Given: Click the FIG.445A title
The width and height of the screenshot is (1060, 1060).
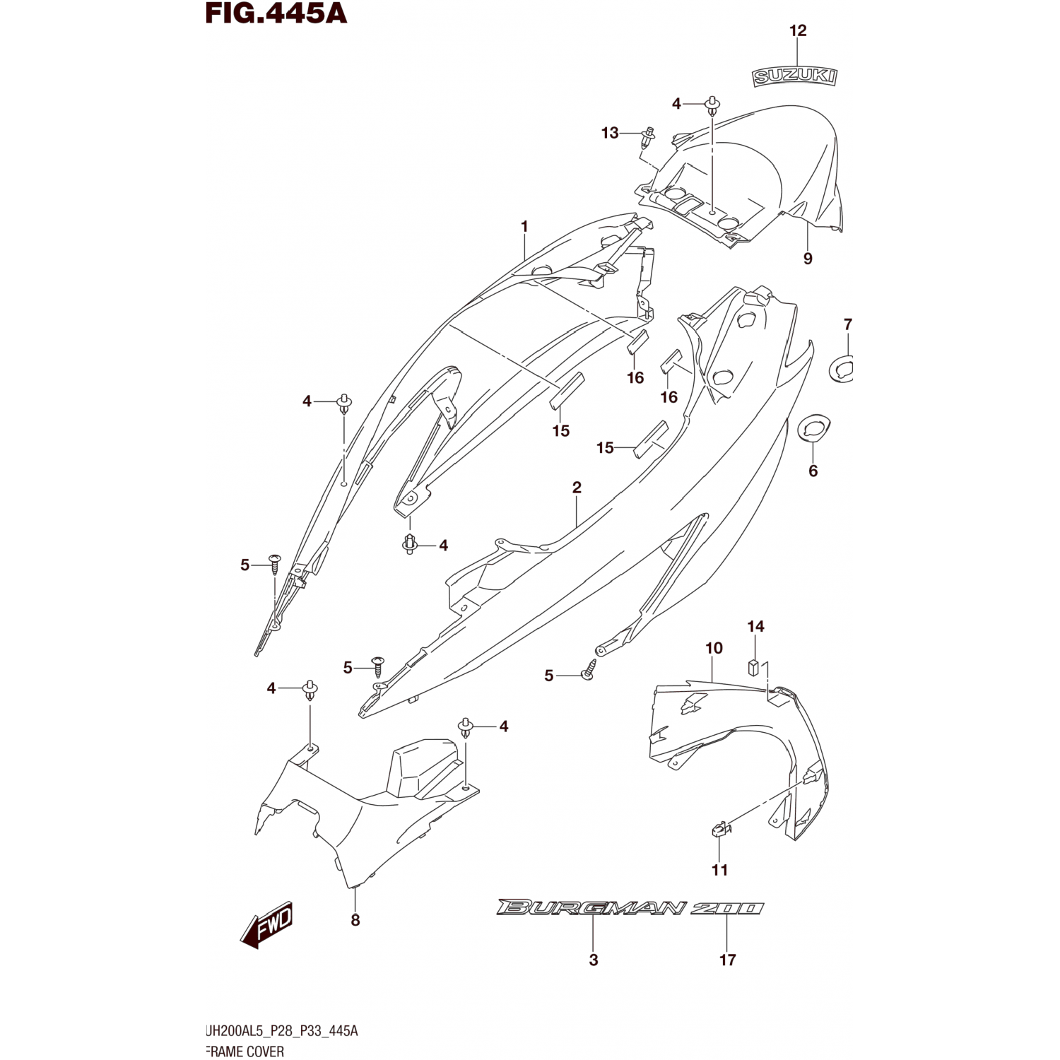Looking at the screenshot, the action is (276, 13).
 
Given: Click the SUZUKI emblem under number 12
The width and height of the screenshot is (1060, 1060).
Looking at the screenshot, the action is (795, 76).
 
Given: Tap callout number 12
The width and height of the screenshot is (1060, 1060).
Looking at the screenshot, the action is (798, 30).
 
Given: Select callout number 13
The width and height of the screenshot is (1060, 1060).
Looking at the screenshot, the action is (610, 133).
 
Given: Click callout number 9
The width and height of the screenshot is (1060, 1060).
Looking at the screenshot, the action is (808, 259).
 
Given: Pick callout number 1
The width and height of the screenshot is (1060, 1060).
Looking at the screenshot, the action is (524, 227).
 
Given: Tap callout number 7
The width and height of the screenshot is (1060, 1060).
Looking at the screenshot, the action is (848, 324).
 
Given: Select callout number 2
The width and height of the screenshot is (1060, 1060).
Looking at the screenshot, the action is (577, 488).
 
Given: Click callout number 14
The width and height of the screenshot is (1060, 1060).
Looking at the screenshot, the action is (755, 626).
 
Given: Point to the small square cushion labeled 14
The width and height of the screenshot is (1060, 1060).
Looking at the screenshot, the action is (755, 666).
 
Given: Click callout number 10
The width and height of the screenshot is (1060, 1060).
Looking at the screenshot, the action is (714, 648).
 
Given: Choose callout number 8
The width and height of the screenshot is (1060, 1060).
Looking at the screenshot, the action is (355, 919).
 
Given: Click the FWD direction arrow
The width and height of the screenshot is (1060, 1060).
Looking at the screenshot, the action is (267, 926).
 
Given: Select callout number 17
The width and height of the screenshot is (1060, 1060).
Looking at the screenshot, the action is (727, 960).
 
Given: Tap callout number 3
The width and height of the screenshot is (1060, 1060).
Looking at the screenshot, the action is (594, 960).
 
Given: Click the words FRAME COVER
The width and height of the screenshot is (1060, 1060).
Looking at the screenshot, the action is (245, 1052).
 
